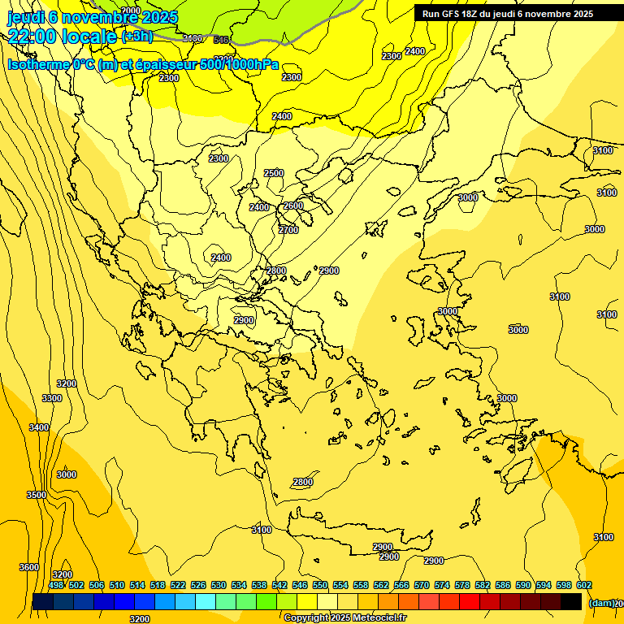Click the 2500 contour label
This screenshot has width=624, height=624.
[x=274, y=173]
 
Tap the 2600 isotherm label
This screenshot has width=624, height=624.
[x=292, y=206]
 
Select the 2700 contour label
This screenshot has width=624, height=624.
[x=288, y=230]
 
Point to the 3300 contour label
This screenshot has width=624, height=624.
[x=52, y=398]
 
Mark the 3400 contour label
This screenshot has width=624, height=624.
[x=39, y=427]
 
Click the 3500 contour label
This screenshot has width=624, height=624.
[x=37, y=494]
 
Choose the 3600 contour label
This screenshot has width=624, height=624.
[x=29, y=567]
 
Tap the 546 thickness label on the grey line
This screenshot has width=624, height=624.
[x=221, y=39]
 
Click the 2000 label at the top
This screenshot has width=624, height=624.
[x=130, y=11]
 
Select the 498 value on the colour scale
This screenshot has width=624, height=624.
[x=56, y=585]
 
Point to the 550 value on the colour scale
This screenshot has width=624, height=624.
[x=320, y=585]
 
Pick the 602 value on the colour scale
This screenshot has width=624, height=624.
[x=584, y=585]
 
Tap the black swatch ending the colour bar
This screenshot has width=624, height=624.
[x=571, y=601]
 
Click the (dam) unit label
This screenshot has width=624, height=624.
[x=602, y=603]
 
